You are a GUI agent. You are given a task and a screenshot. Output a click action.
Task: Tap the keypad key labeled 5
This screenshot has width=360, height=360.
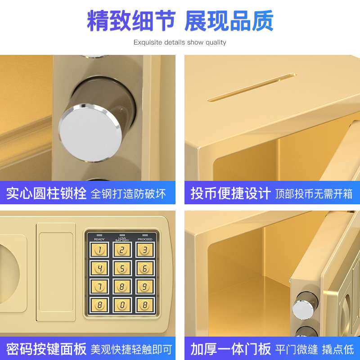pos(122,268)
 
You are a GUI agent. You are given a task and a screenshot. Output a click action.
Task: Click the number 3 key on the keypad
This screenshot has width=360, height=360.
pos(145,250)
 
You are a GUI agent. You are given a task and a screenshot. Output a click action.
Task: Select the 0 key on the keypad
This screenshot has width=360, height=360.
pos(122,304)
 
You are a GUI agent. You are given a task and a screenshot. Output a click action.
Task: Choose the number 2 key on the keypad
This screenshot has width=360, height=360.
pos(122,250)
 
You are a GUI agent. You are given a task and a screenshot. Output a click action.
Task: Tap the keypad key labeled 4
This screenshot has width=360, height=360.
pos(99,268)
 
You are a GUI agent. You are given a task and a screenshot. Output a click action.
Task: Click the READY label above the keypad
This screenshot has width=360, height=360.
pos(99,239)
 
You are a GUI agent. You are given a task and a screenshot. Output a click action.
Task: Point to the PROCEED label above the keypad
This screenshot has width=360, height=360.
pos(145,239)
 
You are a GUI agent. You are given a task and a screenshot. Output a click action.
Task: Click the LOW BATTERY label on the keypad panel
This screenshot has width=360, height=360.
pos(122,239)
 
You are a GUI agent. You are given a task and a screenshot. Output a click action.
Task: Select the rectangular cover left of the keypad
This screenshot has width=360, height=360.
pos(55,272)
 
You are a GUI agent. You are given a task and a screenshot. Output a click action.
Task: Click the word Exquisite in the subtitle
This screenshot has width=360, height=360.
pos(147,43)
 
